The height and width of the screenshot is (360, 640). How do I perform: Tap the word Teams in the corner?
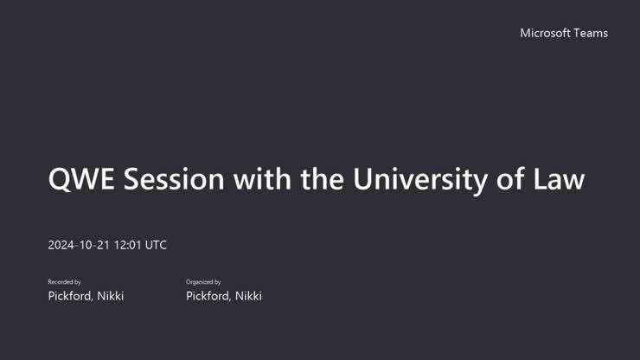(x=591, y=33)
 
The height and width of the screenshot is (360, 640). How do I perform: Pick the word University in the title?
(x=414, y=179)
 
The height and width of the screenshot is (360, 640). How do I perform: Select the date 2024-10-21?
(x=77, y=245)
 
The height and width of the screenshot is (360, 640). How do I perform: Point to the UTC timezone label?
(x=156, y=245)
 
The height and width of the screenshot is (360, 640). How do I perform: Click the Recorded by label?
(x=64, y=282)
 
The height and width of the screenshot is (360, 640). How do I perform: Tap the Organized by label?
(x=203, y=282)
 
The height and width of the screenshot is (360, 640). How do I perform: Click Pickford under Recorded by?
(x=71, y=296)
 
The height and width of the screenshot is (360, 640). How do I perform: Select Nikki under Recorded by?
(x=111, y=296)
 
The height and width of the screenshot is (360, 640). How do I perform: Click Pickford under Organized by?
(x=209, y=296)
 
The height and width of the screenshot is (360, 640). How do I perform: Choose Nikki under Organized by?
(x=249, y=296)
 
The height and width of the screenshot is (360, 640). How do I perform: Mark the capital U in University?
(x=363, y=179)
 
